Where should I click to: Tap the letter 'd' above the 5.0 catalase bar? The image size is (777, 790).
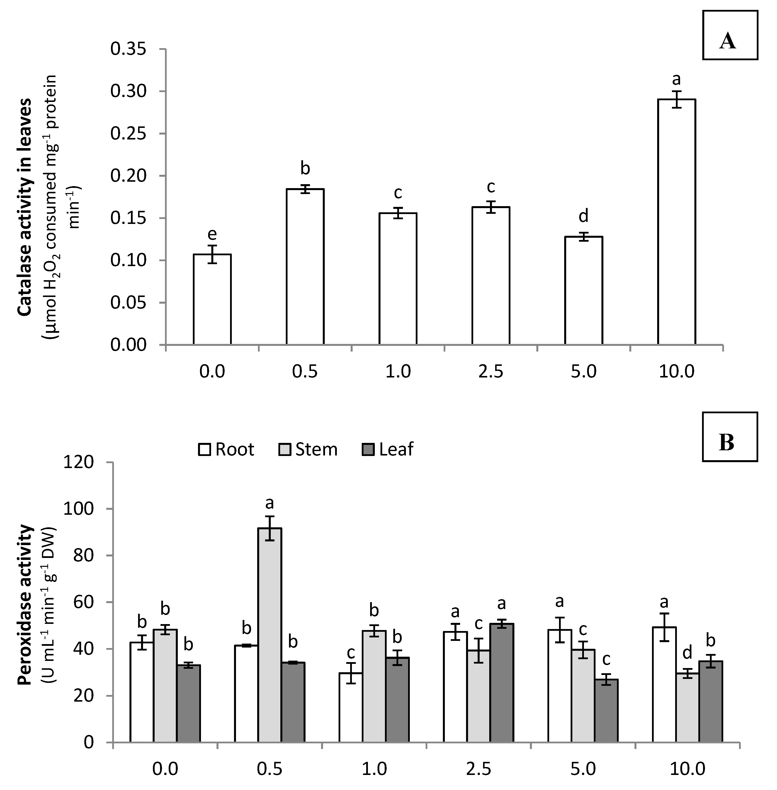(584, 216)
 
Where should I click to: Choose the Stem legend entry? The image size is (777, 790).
(309, 449)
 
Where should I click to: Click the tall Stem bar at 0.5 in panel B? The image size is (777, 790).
(269, 635)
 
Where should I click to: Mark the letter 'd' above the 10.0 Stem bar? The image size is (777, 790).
(688, 653)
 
